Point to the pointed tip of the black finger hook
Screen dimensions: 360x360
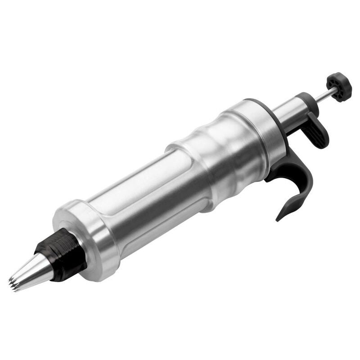(279, 219)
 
